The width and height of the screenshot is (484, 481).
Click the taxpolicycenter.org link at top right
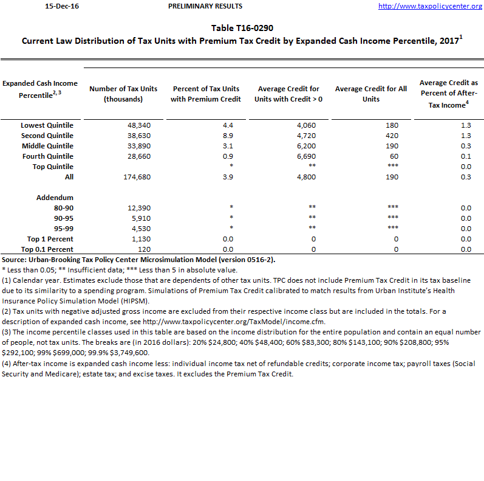click(x=430, y=6)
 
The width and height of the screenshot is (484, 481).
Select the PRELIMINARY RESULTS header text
click(x=205, y=6)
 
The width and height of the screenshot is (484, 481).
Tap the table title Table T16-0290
click(x=242, y=28)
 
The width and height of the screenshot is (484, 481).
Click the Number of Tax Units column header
click(x=123, y=94)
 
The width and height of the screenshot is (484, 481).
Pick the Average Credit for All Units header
click(x=370, y=94)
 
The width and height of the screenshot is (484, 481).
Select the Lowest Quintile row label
click(x=47, y=125)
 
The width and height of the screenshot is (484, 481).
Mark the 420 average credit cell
click(x=391, y=136)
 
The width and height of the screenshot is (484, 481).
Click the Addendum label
click(x=55, y=198)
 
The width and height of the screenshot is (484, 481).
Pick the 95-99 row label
click(x=63, y=229)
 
